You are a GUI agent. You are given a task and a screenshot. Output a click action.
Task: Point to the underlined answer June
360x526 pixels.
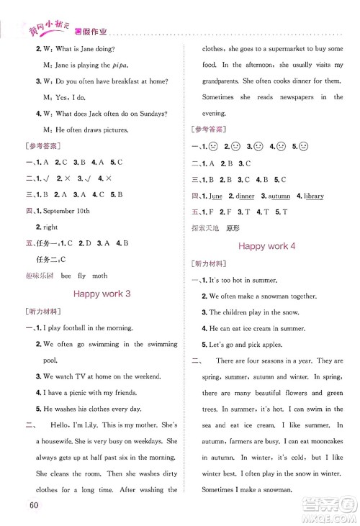(215, 196)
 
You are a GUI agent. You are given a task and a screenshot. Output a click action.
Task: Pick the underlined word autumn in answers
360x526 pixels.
(280, 196)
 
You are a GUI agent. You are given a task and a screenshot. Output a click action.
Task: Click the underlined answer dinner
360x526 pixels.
(246, 196)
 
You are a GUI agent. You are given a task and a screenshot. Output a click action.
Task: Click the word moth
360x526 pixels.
(100, 276)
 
